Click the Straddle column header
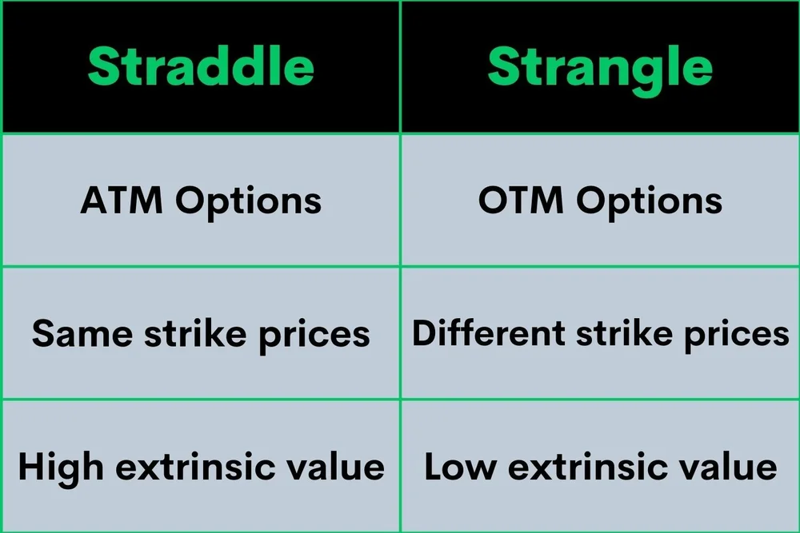[x=201, y=67]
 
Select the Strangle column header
[x=600, y=67]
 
